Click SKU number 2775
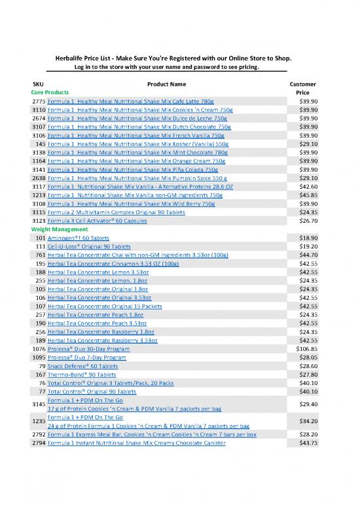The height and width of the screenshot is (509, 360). click(38, 102)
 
